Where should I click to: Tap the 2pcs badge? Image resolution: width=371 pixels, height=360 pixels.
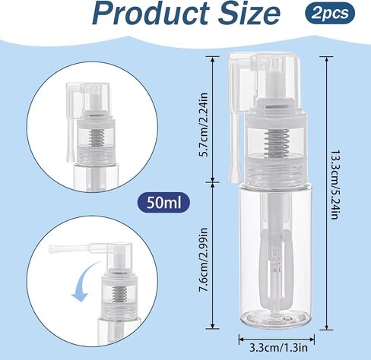330,13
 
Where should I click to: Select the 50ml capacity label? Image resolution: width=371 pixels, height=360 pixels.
163,203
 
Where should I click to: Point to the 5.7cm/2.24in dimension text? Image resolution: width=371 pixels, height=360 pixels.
204,125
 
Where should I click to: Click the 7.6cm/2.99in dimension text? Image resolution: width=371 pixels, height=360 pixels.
204,260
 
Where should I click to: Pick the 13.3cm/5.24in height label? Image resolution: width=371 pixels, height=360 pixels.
335,185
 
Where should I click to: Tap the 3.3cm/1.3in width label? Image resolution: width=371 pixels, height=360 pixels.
278,348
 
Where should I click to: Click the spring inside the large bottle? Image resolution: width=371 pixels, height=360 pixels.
276,143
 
